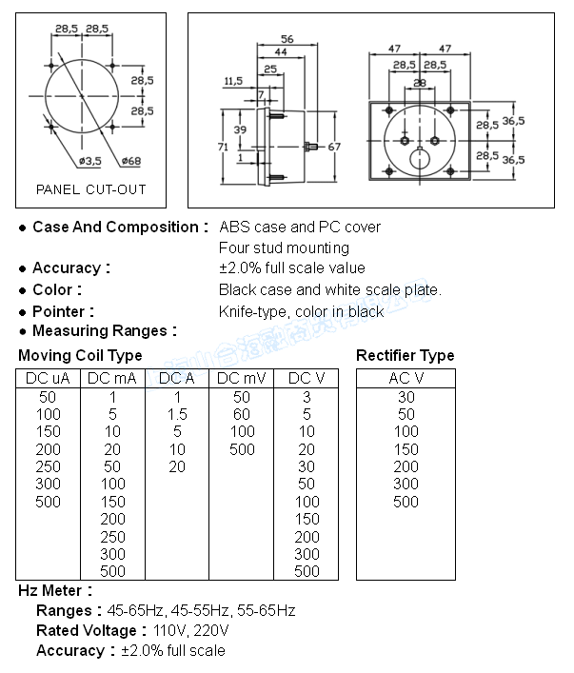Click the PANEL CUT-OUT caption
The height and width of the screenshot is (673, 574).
point(91,189)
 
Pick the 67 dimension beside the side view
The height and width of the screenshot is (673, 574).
point(334,147)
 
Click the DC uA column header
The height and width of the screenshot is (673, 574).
point(48,378)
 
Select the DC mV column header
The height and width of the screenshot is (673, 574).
point(241,378)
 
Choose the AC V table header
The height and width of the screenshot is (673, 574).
point(406,378)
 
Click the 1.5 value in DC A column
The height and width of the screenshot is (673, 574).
point(177,414)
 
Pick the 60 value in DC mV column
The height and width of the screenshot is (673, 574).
point(241,414)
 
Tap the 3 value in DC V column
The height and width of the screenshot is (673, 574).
point(307,396)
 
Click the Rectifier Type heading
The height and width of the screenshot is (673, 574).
point(405,355)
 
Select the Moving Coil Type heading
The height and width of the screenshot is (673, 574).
point(80,355)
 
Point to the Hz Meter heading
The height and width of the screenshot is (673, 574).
point(55,591)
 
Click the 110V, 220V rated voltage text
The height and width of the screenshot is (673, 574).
point(189,630)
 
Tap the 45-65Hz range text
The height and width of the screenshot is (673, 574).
point(135,610)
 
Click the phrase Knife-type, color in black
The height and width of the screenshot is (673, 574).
point(302,311)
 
